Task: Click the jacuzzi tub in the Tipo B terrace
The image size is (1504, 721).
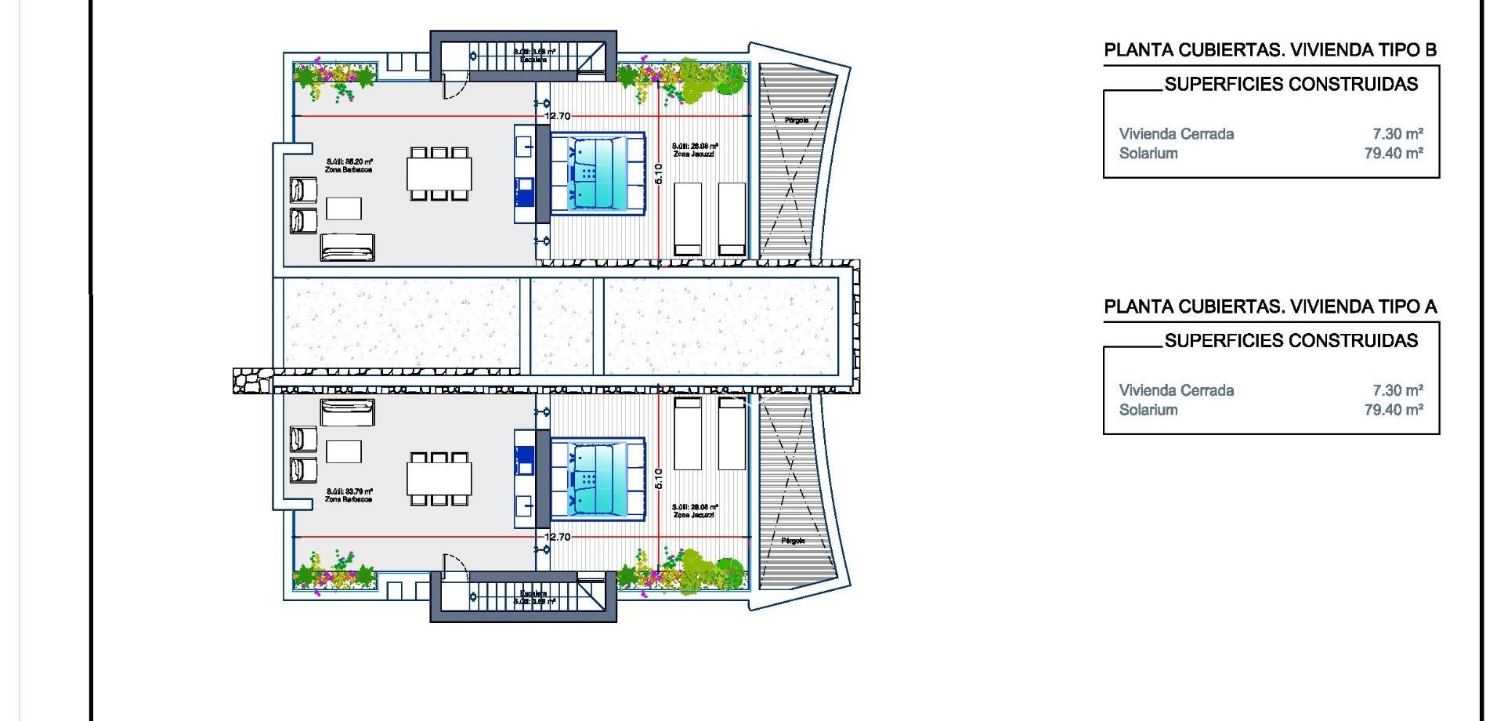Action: point(597,173)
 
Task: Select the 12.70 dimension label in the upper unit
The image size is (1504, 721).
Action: point(558,116)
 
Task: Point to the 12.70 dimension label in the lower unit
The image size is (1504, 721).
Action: point(558,537)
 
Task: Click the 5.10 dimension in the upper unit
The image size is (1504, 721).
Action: point(658,173)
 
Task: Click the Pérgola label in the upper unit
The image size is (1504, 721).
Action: point(796,120)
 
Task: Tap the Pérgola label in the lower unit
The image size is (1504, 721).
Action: point(793,541)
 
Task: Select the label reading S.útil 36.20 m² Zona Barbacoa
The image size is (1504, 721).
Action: point(349,165)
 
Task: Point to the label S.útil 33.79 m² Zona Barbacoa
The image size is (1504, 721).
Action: point(349,495)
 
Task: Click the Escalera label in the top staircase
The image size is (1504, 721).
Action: point(533,60)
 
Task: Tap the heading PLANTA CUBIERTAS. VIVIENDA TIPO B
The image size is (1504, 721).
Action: point(1270,50)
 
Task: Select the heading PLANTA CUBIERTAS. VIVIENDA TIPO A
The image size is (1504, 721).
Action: point(1270,306)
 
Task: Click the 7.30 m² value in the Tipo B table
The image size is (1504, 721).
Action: point(1397,134)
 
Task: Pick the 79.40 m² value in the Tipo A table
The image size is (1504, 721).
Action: point(1394,409)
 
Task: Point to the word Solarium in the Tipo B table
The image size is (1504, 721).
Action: point(1148,154)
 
